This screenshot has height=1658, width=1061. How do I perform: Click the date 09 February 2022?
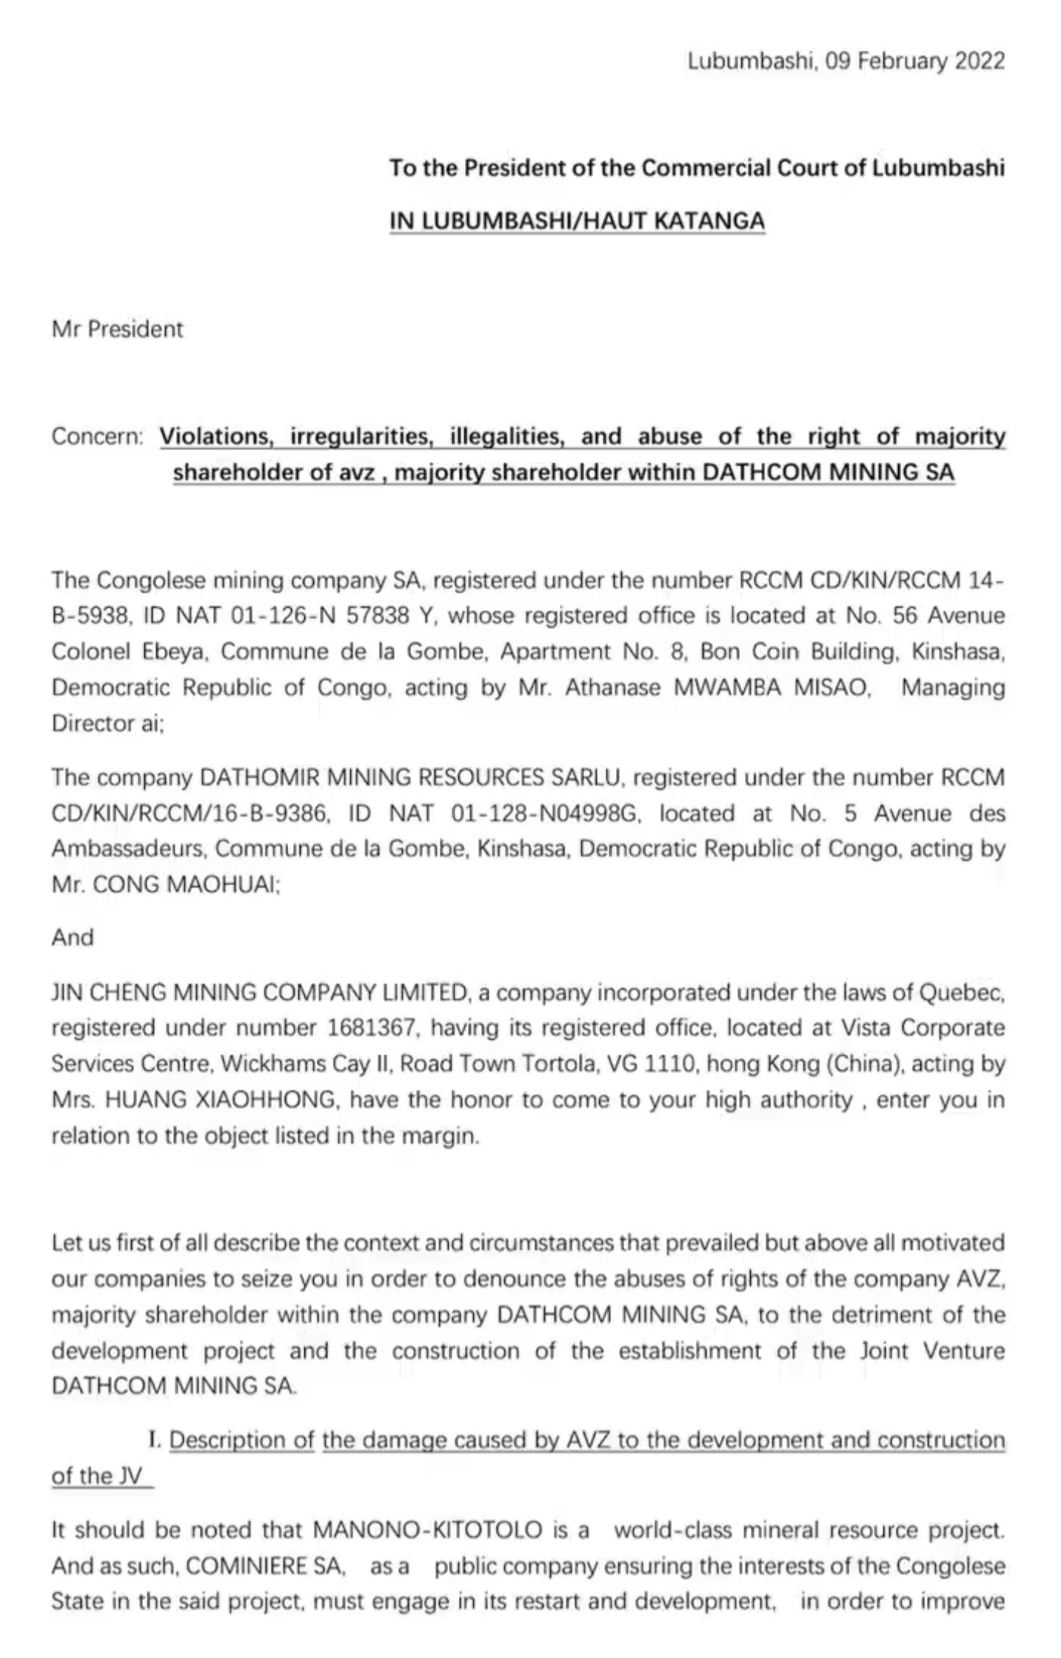pyautogui.click(x=914, y=60)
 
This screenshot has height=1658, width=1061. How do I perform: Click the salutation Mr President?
pyautogui.click(x=117, y=329)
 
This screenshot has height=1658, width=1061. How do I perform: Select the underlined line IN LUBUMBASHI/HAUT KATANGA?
pyautogui.click(x=577, y=221)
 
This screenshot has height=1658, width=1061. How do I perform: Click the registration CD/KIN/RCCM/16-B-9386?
pyautogui.click(x=189, y=814)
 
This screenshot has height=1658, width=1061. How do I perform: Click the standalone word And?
pyautogui.click(x=72, y=938)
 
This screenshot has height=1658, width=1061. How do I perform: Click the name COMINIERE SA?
pyautogui.click(x=266, y=1567)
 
